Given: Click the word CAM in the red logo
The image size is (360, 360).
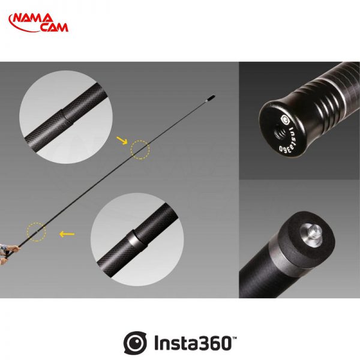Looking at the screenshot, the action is [x=55, y=28].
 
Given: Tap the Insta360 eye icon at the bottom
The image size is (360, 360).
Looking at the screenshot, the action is [x=135, y=343].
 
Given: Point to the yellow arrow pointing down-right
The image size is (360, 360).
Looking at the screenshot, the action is [x=122, y=140].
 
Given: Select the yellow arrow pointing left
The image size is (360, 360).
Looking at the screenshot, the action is [x=67, y=234].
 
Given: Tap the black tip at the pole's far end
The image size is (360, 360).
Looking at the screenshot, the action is [x=211, y=98].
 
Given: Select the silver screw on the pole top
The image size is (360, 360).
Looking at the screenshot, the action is [x=311, y=234].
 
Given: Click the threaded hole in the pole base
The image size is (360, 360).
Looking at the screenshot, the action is [x=280, y=133].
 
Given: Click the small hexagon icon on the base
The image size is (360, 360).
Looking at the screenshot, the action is [x=285, y=120].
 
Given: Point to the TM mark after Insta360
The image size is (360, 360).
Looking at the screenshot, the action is [x=235, y=338].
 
